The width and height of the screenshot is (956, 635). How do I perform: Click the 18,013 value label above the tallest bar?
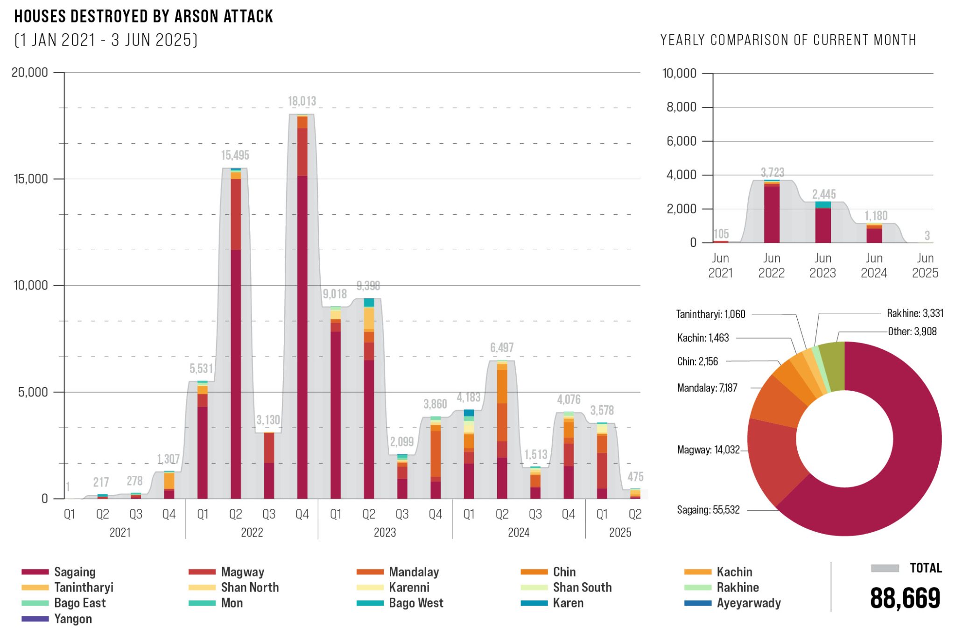tap(302, 101)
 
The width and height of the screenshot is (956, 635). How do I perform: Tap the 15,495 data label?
tap(235, 155)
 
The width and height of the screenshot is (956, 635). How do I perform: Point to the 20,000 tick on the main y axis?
tap(30, 72)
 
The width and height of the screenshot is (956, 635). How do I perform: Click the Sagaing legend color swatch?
tap(35, 572)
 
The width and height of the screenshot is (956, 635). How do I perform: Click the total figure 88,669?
tap(905, 599)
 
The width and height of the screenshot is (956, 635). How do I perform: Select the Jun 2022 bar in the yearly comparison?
tap(772, 212)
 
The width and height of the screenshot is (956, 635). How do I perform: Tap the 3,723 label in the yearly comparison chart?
tap(773, 172)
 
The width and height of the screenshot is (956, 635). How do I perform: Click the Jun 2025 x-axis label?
tap(925, 265)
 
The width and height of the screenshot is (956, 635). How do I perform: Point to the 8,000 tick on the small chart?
tap(681, 107)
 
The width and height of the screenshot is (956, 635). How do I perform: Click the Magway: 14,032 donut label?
tap(708, 450)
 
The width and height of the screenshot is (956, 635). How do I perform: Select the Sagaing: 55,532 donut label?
tap(708, 510)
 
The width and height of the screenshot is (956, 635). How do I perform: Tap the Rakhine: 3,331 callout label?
tap(915, 313)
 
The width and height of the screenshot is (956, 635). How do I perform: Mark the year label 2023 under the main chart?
tap(385, 532)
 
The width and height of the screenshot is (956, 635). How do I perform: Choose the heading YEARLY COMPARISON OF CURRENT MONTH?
tap(788, 40)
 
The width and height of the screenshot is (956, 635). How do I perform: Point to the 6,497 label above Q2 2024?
tap(502, 348)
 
